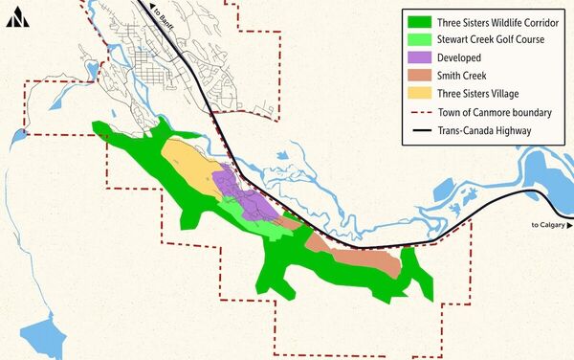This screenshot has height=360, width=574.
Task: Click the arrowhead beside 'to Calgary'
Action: click(x=569, y=225)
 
